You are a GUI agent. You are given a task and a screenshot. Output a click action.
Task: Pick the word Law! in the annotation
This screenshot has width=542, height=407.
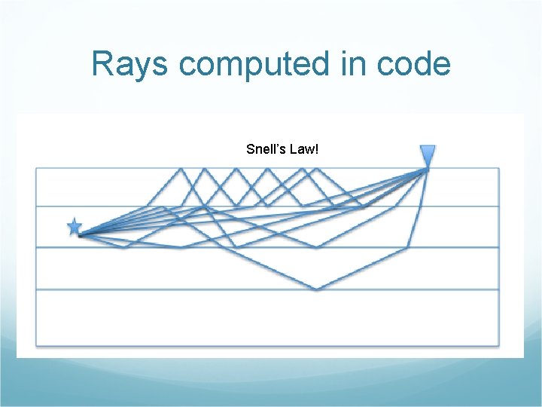303,149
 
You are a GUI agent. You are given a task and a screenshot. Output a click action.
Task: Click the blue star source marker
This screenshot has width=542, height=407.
74,227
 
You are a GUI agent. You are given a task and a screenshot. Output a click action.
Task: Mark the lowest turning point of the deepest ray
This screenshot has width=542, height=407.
318,289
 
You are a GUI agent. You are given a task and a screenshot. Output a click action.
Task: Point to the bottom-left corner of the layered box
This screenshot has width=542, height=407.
36,346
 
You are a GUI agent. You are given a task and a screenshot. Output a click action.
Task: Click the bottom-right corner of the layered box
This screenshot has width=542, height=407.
498,346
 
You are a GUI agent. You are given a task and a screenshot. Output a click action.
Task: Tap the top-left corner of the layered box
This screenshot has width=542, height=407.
36,168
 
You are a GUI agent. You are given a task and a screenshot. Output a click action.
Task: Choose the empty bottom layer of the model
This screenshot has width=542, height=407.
267,318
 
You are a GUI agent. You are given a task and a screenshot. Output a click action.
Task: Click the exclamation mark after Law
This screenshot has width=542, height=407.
317,149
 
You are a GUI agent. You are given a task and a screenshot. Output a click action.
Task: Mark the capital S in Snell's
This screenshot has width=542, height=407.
250,149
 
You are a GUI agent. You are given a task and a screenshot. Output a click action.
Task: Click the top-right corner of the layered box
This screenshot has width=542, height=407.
498,168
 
